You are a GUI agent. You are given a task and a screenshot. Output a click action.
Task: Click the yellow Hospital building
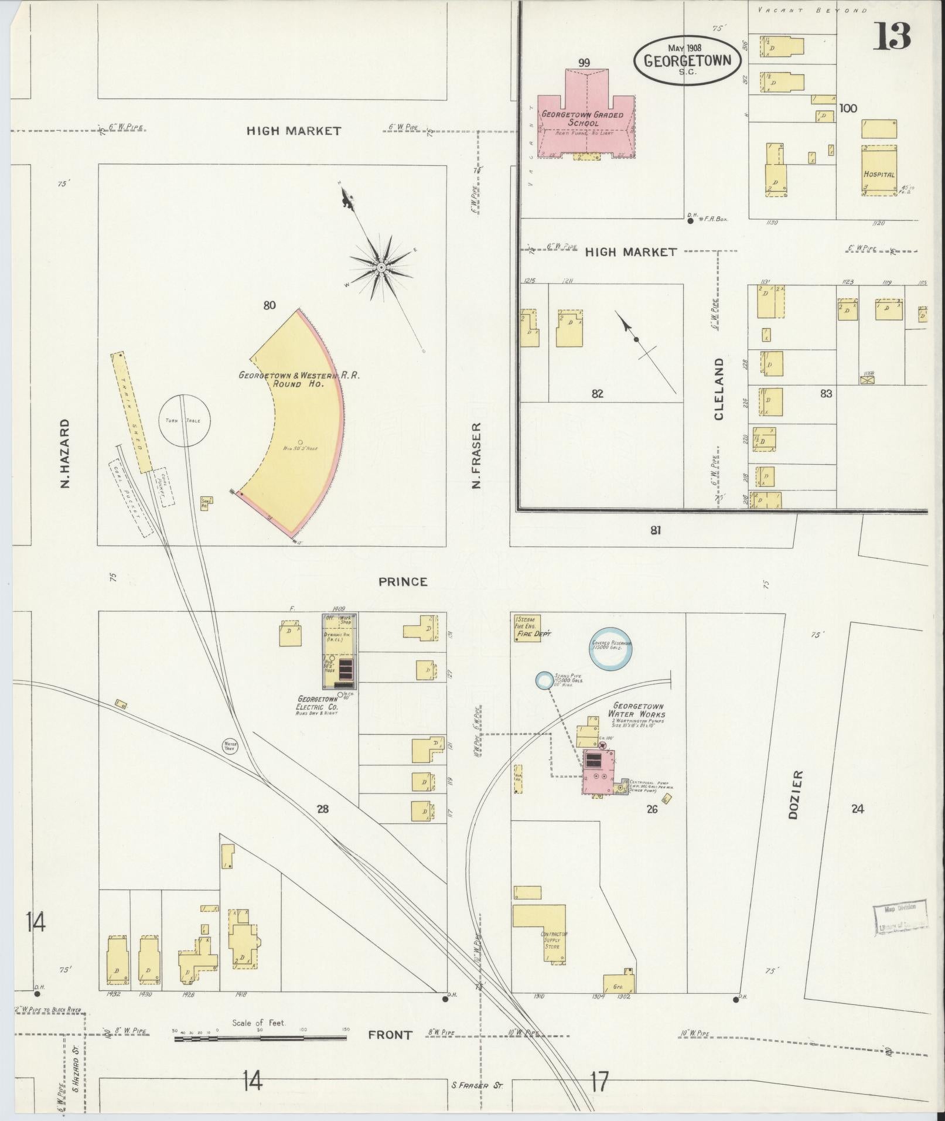point(879,170)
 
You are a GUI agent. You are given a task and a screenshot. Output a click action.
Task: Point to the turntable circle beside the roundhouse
point(185,420)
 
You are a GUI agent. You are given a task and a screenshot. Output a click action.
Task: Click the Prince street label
point(402,581)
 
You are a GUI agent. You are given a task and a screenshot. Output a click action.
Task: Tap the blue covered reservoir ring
point(611,647)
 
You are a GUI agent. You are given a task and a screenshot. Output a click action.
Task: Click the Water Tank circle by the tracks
point(229,745)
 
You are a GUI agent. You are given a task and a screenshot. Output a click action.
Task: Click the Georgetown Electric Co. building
point(340,650)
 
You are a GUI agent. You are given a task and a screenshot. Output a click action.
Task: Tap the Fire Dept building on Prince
point(527,628)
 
